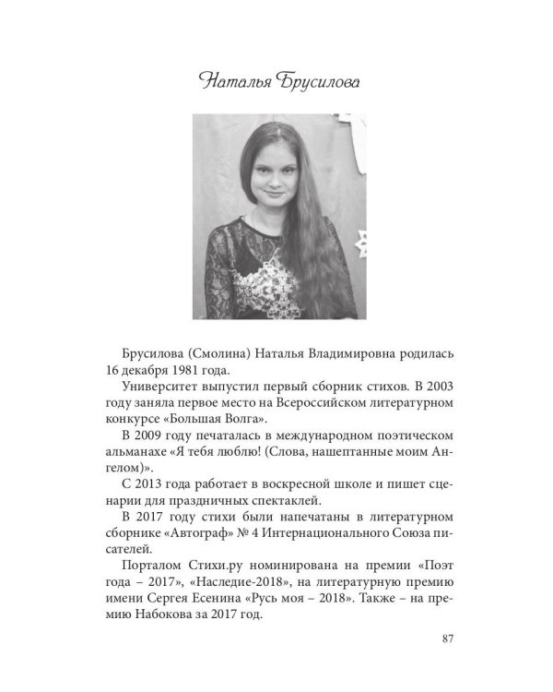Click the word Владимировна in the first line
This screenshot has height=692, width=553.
coord(346,354)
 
